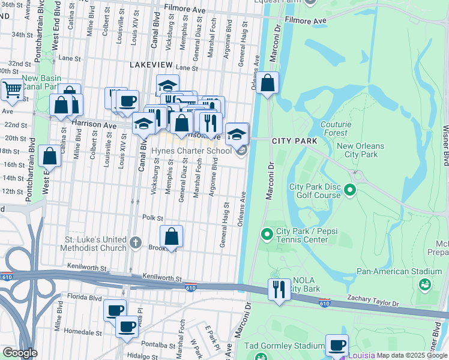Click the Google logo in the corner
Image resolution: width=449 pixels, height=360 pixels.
point(20,353)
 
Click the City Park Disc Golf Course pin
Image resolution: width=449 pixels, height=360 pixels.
point(351,191)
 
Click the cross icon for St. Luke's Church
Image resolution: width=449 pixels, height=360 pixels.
point(136,244)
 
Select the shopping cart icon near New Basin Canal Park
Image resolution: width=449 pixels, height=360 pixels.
point(11,90)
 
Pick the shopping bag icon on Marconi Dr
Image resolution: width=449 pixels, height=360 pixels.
point(269,83)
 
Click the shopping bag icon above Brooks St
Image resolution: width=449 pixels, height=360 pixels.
point(172,236)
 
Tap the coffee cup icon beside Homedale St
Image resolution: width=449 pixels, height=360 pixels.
point(127,327)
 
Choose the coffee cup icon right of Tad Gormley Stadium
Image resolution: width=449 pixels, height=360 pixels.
point(337,345)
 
